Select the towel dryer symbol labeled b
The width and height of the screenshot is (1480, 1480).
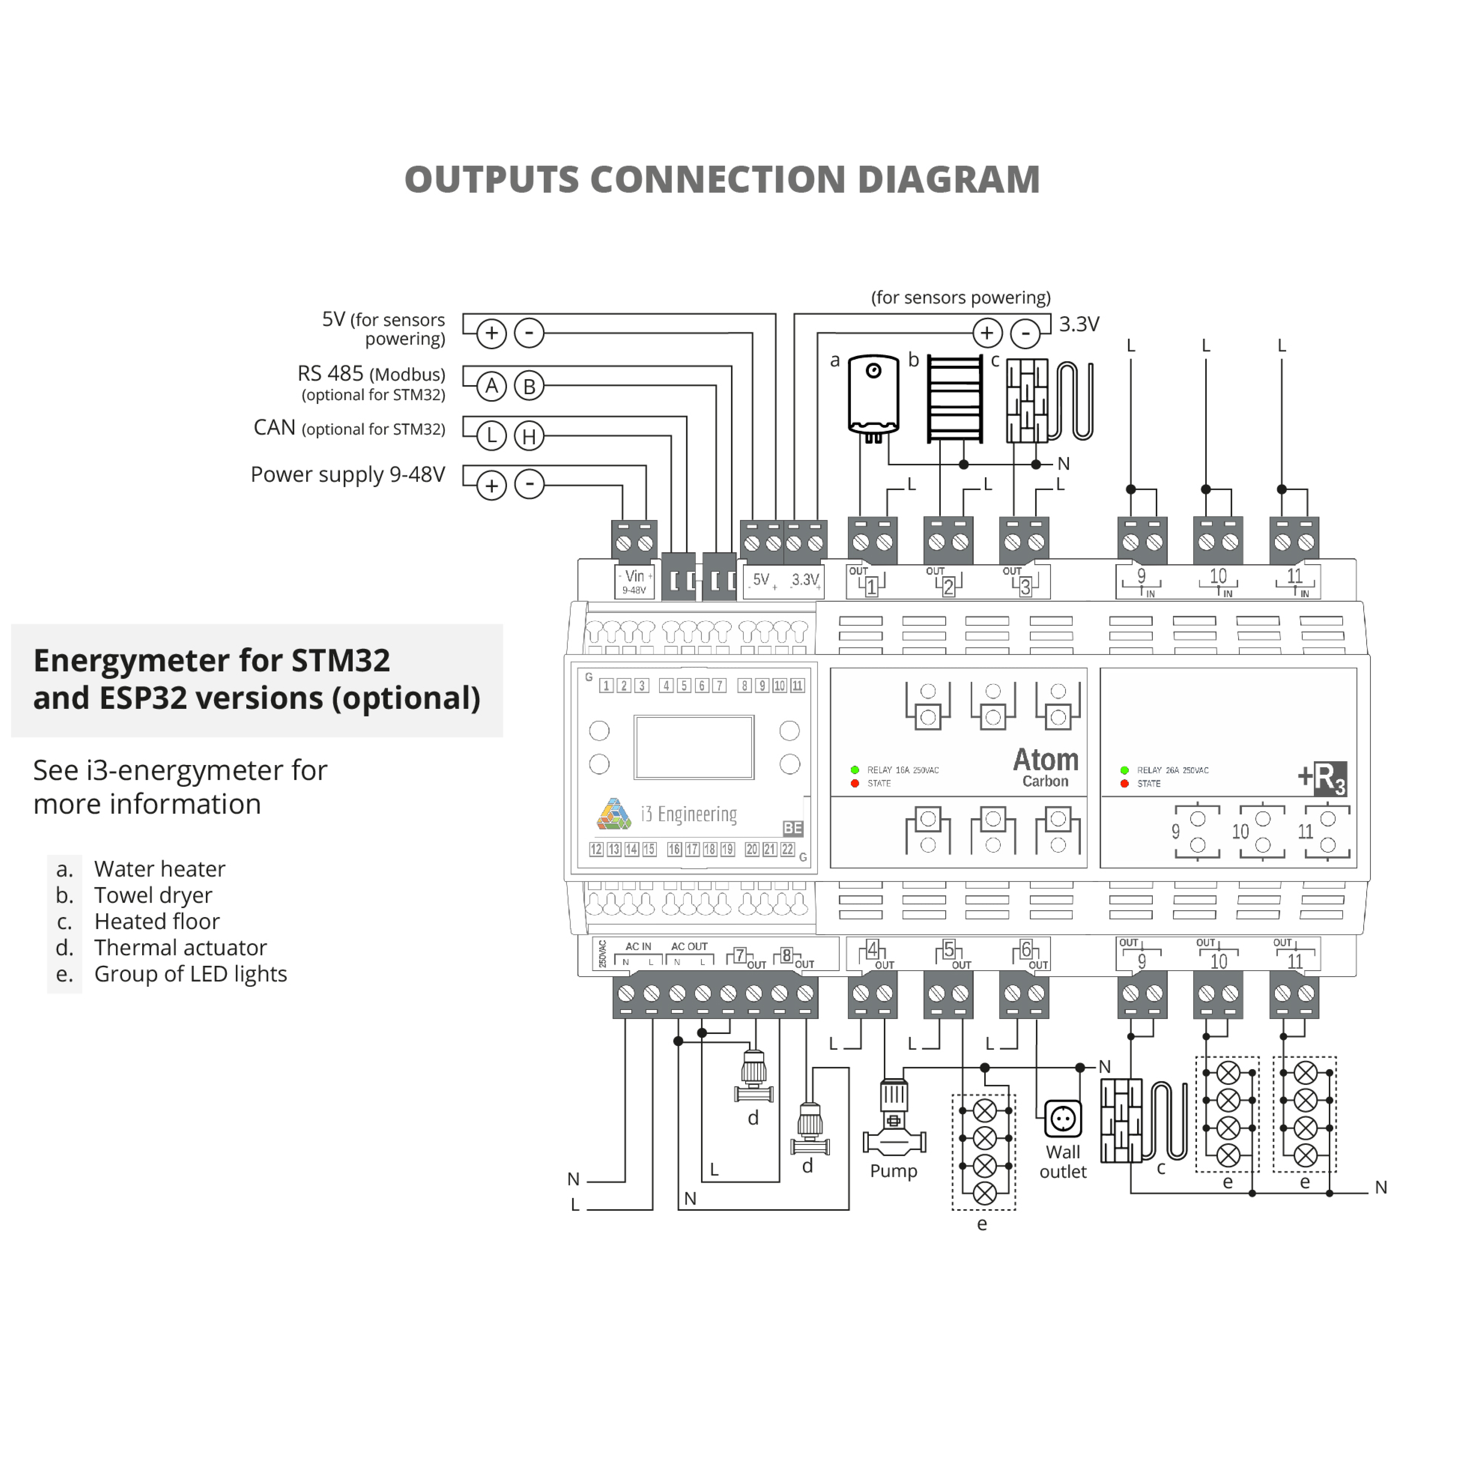pos(954,398)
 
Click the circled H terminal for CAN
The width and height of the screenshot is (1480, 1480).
pos(529,436)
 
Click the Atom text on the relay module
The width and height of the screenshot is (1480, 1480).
pos(1046,760)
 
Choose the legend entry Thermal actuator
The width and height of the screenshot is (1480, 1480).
pos(180,948)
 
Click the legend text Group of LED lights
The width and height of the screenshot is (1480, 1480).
pos(190,974)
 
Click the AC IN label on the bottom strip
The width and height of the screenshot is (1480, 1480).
pos(638,947)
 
